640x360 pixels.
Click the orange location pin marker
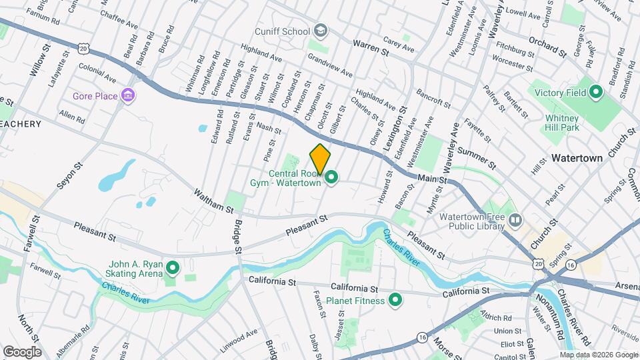[320, 159]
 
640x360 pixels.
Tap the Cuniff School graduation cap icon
[321, 31]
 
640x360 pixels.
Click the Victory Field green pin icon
[597, 91]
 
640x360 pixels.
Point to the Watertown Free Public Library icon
[514, 219]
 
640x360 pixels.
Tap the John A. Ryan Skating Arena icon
[173, 268]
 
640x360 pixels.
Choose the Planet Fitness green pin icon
[395, 300]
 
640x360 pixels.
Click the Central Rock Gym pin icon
[331, 177]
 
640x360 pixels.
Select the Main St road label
[432, 178]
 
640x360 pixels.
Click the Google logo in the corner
[22, 351]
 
